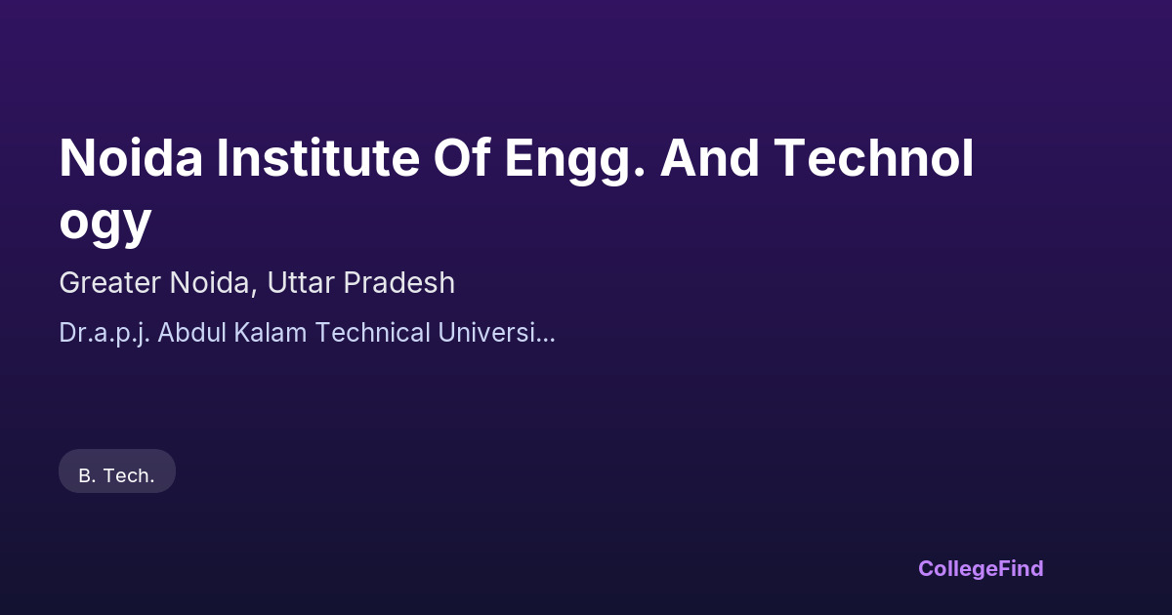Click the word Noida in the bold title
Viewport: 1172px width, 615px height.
point(131,157)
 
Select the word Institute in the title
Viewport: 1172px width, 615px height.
point(318,157)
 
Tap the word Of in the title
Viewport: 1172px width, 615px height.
point(462,157)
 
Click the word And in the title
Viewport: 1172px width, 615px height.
point(709,157)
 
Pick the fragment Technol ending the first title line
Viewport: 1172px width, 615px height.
point(874,157)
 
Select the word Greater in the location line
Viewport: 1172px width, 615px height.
point(109,282)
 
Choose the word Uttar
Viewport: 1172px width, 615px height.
point(301,282)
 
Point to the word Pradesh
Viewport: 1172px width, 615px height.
point(399,282)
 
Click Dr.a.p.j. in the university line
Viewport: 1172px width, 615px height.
point(105,334)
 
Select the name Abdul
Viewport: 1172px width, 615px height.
point(191,332)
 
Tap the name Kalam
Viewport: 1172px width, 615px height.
point(270,332)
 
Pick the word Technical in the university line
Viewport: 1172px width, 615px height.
point(373,332)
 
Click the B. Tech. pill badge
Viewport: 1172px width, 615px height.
point(117,471)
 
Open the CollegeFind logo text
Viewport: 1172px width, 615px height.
point(981,569)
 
